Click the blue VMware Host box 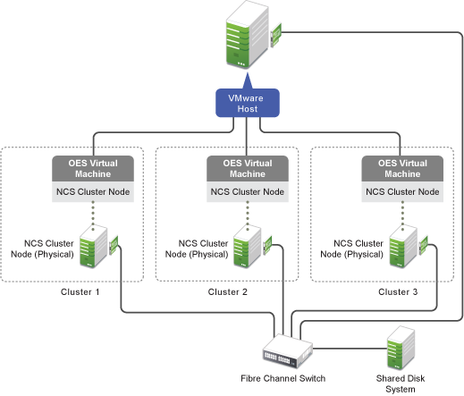246,103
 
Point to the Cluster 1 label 80,292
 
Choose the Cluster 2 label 229,292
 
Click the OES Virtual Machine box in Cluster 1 92,168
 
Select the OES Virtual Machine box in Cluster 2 246,168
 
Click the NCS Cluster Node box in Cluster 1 92,191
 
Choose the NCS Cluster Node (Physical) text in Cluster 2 202,248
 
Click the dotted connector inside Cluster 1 92,215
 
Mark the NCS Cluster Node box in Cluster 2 246,191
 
